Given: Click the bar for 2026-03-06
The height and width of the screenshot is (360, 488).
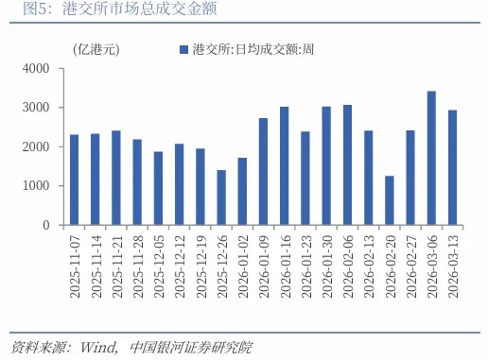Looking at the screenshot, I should (405, 159).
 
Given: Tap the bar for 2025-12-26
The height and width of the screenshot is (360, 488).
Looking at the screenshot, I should (221, 197).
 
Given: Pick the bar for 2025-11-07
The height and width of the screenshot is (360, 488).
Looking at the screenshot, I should (74, 180).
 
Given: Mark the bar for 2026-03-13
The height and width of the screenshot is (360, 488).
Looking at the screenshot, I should (426, 168).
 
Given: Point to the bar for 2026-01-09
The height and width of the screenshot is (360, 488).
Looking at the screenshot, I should (263, 172).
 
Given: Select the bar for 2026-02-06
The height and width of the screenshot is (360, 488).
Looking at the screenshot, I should (347, 165).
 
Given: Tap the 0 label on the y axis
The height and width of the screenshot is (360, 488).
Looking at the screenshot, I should (45, 226).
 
